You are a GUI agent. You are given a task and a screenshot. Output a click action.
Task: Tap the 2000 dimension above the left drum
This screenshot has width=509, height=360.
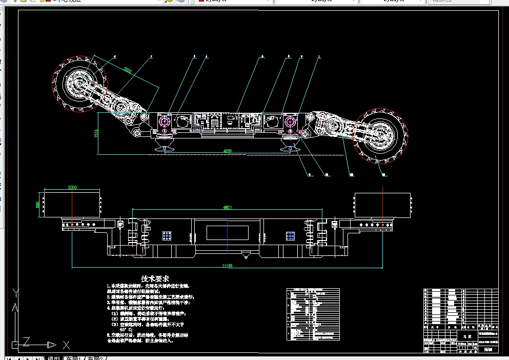72,188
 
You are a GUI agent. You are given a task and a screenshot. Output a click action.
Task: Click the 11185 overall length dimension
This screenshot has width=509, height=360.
227,265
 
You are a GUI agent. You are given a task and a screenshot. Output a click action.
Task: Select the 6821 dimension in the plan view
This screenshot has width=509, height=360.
228,207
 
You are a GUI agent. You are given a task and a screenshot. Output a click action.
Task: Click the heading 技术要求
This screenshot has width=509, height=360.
155,278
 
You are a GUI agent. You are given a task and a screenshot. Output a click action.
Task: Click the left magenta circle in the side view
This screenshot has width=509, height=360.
165,122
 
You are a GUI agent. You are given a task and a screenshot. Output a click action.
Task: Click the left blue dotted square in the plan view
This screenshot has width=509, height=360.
167,235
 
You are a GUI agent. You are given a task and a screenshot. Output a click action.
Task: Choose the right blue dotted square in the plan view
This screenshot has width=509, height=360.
291,235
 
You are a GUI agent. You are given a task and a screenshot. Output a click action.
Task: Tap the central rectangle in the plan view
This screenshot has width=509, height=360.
228,232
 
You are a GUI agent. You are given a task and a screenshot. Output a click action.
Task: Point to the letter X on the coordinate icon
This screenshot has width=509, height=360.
66,345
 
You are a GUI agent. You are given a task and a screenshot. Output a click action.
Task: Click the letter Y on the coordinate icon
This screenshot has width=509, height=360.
16,293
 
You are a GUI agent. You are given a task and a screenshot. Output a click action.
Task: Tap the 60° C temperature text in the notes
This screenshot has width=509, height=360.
125,330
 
